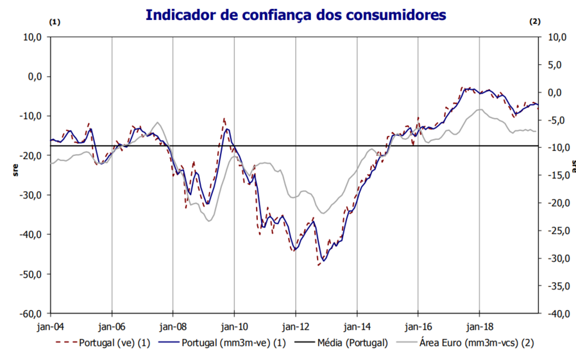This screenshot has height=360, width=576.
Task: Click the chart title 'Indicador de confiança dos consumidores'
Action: point(295,14)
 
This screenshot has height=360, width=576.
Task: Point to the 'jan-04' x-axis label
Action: point(50,326)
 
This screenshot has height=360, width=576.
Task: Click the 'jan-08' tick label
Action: point(173,326)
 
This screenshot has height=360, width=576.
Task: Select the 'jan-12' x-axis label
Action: point(296,326)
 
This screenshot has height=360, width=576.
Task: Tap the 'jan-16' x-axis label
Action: point(418,326)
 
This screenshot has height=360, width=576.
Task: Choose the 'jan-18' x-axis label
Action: point(480,326)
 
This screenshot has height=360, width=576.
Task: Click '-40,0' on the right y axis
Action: point(555,314)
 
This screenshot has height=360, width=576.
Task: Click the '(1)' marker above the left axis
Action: point(55,22)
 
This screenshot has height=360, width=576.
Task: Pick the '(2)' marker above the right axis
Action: point(535,22)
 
